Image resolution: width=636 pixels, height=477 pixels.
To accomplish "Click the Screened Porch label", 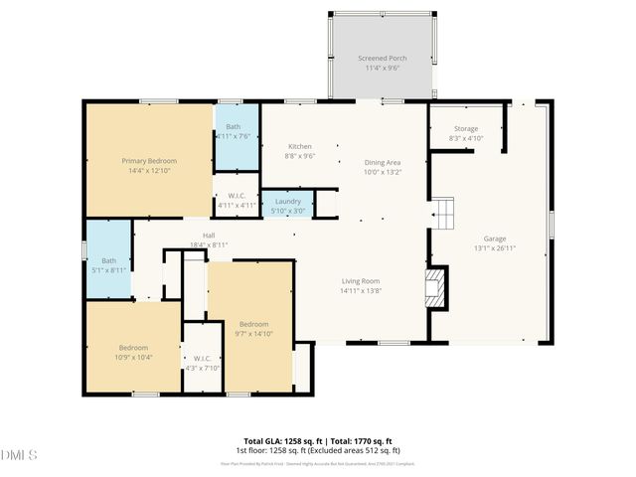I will pyautogui.click(x=383, y=59).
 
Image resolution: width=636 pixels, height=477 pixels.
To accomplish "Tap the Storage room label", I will pyautogui.click(x=466, y=129).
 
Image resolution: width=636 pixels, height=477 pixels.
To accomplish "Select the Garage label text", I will pyautogui.click(x=495, y=238).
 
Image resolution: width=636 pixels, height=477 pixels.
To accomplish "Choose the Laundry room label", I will pyautogui.click(x=287, y=201).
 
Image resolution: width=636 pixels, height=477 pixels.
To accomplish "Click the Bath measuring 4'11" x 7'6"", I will pyautogui.click(x=233, y=127).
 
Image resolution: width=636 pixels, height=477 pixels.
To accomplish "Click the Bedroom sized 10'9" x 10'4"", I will pyautogui.click(x=133, y=347).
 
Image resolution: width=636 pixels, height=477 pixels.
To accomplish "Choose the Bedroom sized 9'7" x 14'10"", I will pyautogui.click(x=253, y=324).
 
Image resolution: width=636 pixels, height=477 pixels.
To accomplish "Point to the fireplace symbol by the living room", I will pyautogui.click(x=435, y=289).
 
